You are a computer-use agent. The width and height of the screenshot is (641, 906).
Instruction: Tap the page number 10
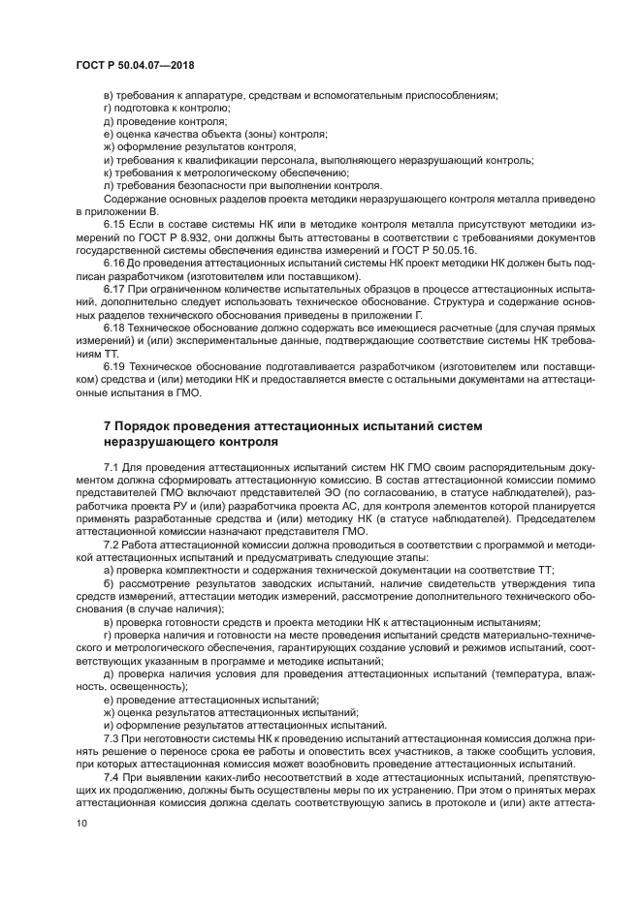pyautogui.click(x=81, y=823)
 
